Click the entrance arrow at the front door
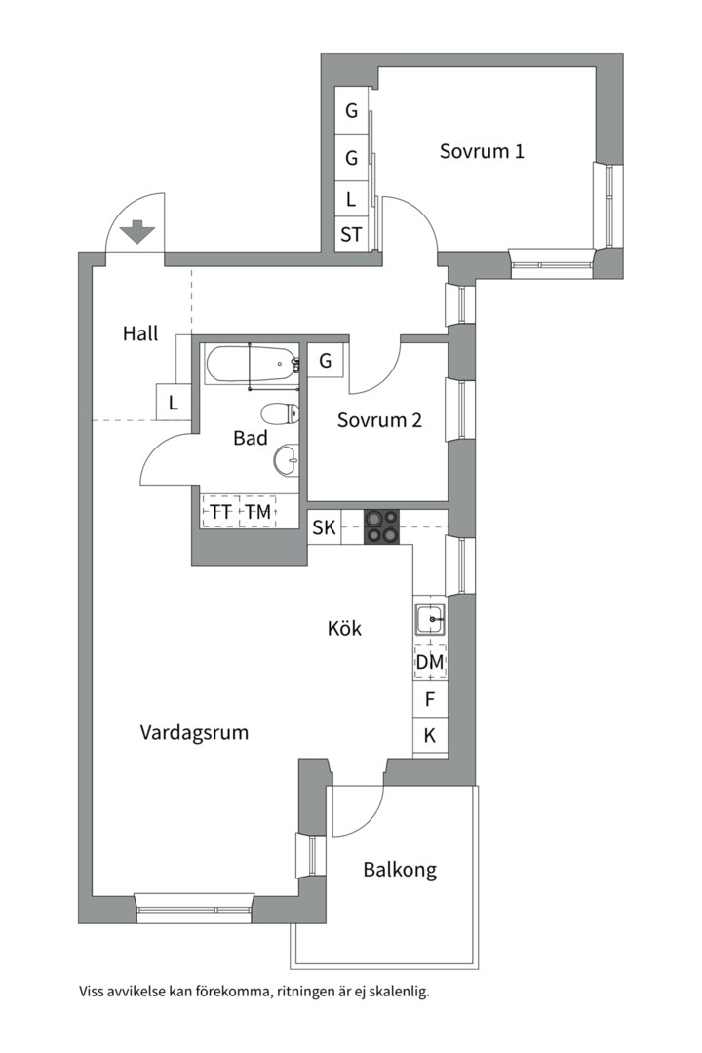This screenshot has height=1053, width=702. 137,232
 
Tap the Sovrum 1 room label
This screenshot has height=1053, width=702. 482,151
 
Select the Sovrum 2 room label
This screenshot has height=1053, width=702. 379,420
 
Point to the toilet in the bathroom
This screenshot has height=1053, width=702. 280,413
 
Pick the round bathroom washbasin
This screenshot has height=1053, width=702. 287,460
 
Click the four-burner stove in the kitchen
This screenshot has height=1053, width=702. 381,526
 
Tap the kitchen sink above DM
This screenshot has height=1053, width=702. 429,619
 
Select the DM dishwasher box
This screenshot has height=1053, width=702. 430,662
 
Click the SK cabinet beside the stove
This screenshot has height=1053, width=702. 325,527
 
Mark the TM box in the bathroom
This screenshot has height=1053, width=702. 258,512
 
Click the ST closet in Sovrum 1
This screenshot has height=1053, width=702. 351,234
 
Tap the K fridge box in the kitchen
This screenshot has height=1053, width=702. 430,736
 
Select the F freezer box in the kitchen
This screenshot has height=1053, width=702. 430,700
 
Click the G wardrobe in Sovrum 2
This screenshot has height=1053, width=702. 326,361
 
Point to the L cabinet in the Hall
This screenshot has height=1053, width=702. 174,403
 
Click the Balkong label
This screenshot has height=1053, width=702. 400,871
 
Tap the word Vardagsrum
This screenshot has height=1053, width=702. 194,732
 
